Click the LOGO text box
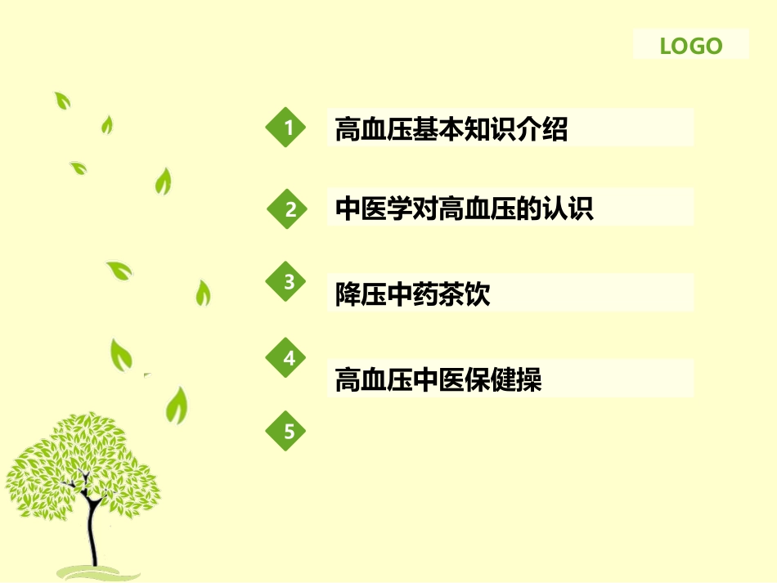click(691, 45)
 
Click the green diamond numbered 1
click(287, 127)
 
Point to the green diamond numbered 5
click(288, 431)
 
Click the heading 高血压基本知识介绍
click(451, 129)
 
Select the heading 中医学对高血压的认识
click(464, 209)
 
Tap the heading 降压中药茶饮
click(412, 294)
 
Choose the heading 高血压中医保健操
click(438, 380)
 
